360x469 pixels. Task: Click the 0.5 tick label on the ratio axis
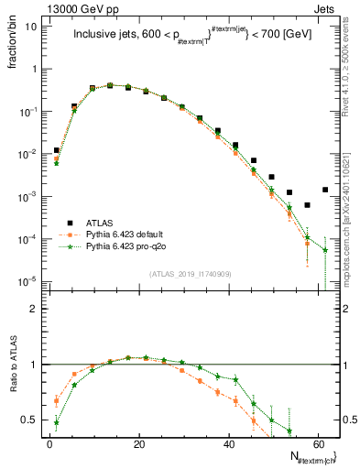tap(30, 420)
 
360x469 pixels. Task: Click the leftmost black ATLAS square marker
tap(57, 150)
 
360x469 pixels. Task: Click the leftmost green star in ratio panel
tap(57, 422)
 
